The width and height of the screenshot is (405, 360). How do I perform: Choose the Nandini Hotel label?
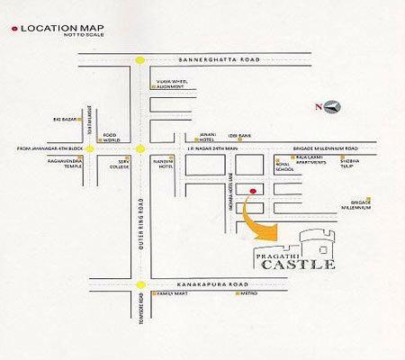click(x=166, y=161)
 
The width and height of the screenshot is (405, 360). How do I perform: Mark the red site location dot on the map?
click(x=254, y=192)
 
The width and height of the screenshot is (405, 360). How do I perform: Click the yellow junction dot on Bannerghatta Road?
click(x=140, y=60)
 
